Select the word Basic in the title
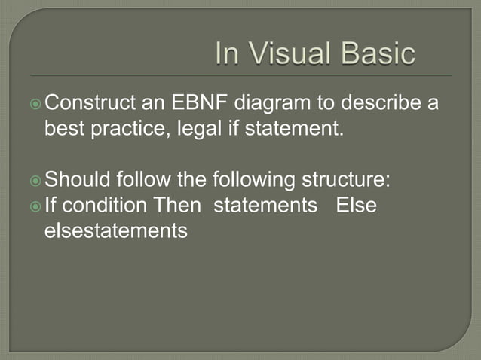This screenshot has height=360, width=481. (378, 54)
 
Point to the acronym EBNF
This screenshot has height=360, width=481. (204, 102)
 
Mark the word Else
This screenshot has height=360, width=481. (356, 206)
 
